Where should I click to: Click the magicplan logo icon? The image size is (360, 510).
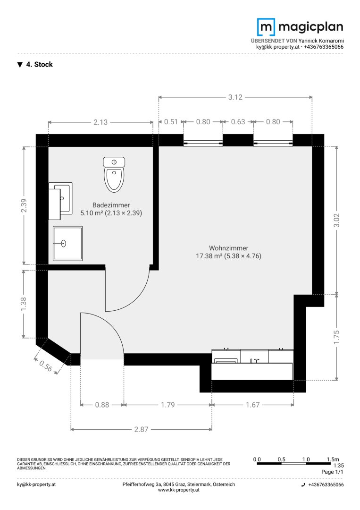pyautogui.click(x=266, y=26)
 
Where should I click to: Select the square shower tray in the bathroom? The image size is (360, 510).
pyautogui.click(x=67, y=244)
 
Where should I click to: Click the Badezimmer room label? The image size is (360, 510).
pyautogui.click(x=111, y=209)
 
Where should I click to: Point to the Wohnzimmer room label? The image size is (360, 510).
pyautogui.click(x=228, y=252)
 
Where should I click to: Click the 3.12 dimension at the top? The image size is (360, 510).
pyautogui.click(x=235, y=97)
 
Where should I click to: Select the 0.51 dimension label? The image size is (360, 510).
pyautogui.click(x=171, y=122)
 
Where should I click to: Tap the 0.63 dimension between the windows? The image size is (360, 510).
pyautogui.click(x=238, y=122)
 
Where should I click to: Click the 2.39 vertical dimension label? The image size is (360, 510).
pyautogui.click(x=24, y=205)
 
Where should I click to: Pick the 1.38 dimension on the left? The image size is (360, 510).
pyautogui.click(x=24, y=304)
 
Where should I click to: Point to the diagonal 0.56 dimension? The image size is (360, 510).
pyautogui.click(x=46, y=366)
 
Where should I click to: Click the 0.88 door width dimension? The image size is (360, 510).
pyautogui.click(x=102, y=405)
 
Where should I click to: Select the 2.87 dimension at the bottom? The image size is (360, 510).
pyautogui.click(x=142, y=429)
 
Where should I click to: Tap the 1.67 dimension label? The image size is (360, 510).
pyautogui.click(x=252, y=405)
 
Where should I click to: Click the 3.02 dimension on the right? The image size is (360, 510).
pyautogui.click(x=336, y=220)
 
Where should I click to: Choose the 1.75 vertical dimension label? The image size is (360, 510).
pyautogui.click(x=336, y=337)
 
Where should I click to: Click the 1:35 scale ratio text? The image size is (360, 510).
pyautogui.click(x=339, y=466)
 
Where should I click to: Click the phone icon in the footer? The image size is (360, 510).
pyautogui.click(x=303, y=484)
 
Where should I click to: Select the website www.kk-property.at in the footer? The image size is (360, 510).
pyautogui.click(x=179, y=490)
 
